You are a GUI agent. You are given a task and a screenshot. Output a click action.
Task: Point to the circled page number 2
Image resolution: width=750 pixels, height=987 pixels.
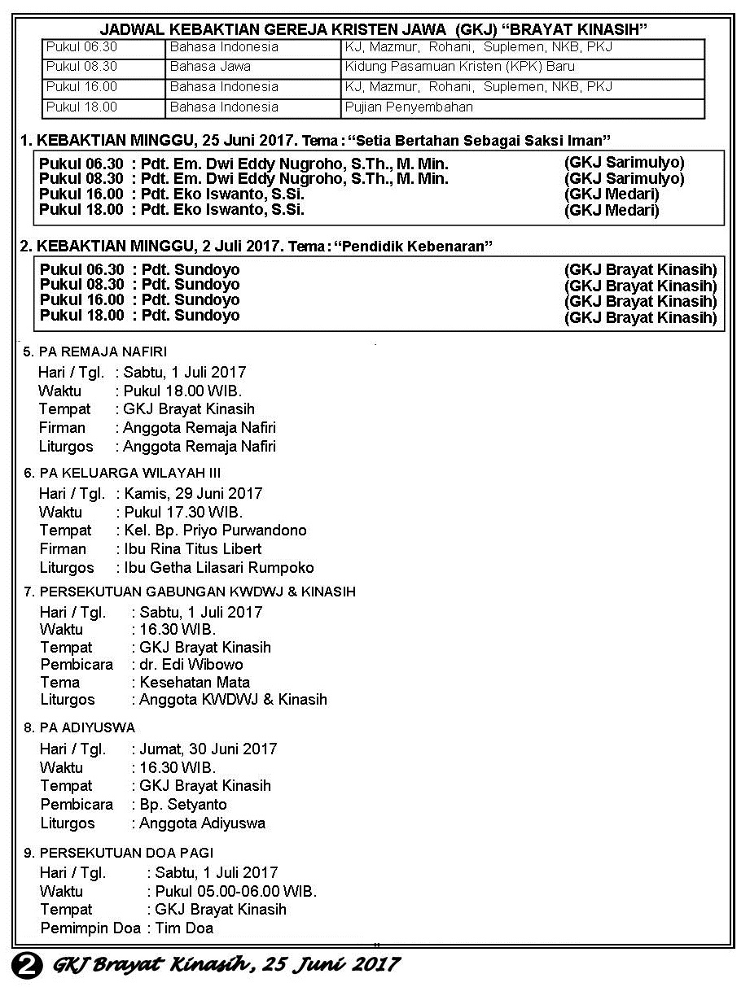27,965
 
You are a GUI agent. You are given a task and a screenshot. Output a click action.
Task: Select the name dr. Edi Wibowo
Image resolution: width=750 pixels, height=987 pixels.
191,665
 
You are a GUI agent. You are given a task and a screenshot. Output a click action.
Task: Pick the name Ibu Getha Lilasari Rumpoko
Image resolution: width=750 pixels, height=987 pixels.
219,568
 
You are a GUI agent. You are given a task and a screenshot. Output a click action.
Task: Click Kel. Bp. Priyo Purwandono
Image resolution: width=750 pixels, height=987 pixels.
216,531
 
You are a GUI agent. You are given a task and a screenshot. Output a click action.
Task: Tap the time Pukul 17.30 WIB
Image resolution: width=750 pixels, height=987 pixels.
183,513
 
